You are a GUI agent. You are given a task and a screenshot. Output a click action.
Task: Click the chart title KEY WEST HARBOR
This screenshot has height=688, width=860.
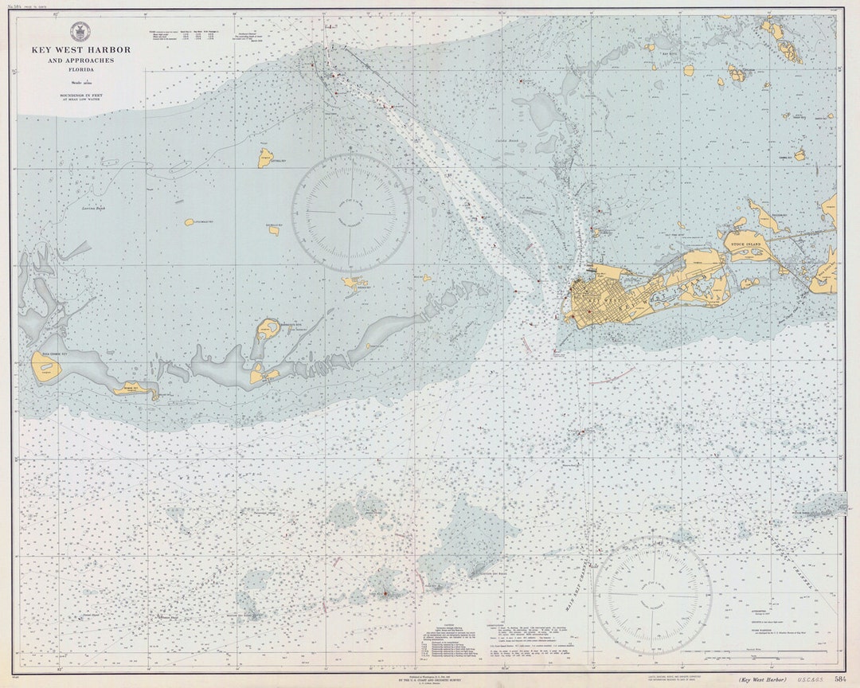coord(80,50)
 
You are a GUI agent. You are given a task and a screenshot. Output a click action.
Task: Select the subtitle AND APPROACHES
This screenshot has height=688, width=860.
coord(80,61)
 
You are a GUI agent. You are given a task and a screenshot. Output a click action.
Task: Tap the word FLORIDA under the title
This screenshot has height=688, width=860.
coord(80,69)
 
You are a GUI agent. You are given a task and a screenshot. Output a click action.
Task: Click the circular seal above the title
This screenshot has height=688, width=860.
coord(80,33)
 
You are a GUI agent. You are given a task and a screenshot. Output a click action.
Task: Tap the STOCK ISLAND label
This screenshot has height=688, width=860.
coord(741,236)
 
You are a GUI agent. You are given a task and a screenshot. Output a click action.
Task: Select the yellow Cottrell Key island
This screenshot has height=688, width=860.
coord(264,157)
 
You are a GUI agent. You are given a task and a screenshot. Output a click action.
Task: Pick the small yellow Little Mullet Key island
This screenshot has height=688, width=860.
coord(189,222)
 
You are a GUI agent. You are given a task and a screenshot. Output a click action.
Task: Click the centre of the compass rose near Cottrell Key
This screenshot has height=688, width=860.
coord(350,212)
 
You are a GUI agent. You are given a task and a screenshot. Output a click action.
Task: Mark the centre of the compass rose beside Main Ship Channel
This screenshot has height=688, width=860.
coord(653,595)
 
